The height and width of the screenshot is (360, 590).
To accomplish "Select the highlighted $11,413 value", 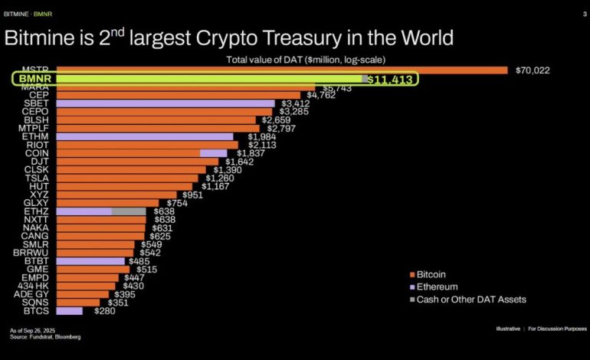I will click(x=389, y=79).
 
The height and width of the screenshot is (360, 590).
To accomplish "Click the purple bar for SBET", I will click(x=166, y=103).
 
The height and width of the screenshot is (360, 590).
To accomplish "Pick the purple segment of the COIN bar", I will click(x=213, y=153).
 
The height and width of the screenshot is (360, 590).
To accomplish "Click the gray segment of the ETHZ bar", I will click(x=128, y=211).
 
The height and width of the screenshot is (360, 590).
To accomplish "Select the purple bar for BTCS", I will click(x=69, y=311).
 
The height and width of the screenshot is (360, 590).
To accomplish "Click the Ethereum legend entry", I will click(x=434, y=286).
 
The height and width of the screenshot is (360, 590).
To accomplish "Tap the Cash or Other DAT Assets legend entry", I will click(x=467, y=299).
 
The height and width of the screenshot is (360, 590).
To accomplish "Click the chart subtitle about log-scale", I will click(x=306, y=60).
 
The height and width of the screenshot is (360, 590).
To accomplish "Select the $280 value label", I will click(x=105, y=311).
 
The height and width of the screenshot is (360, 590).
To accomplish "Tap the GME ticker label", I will click(x=38, y=269).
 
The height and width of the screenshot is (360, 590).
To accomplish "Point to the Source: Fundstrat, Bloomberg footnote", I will click(x=45, y=337).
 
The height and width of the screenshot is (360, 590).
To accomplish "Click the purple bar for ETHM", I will click(x=145, y=136).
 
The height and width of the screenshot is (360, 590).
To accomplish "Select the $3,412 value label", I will click(x=295, y=103).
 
